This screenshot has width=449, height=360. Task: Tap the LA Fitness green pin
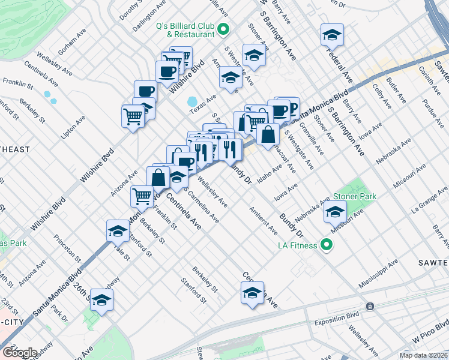[327, 245]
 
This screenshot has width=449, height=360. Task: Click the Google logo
[19, 353]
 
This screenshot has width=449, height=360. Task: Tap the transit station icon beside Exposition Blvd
[371, 306]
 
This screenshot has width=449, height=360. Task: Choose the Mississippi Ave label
[378, 274]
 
